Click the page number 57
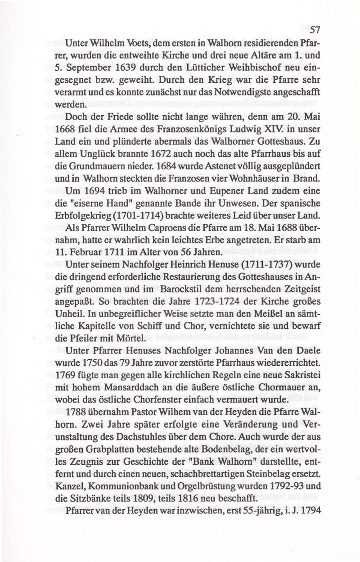tap(314, 30)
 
